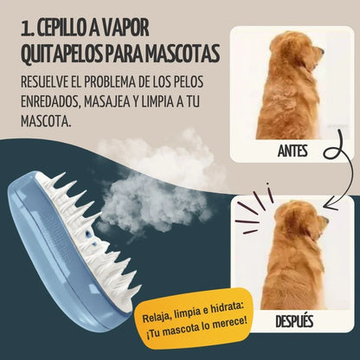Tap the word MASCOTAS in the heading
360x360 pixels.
pos(182,54)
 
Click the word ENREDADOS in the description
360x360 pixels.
pos(55,100)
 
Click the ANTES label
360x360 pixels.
pos(291,151)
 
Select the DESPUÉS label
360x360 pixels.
pos(291,323)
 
